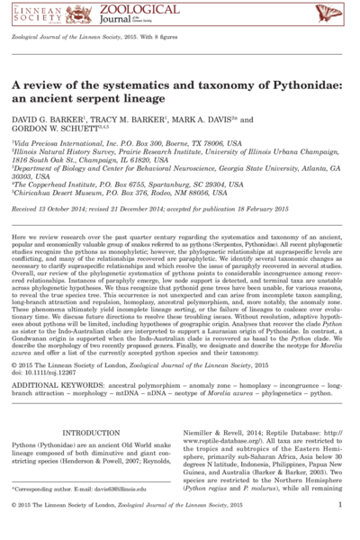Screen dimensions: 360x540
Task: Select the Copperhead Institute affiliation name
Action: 76,207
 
